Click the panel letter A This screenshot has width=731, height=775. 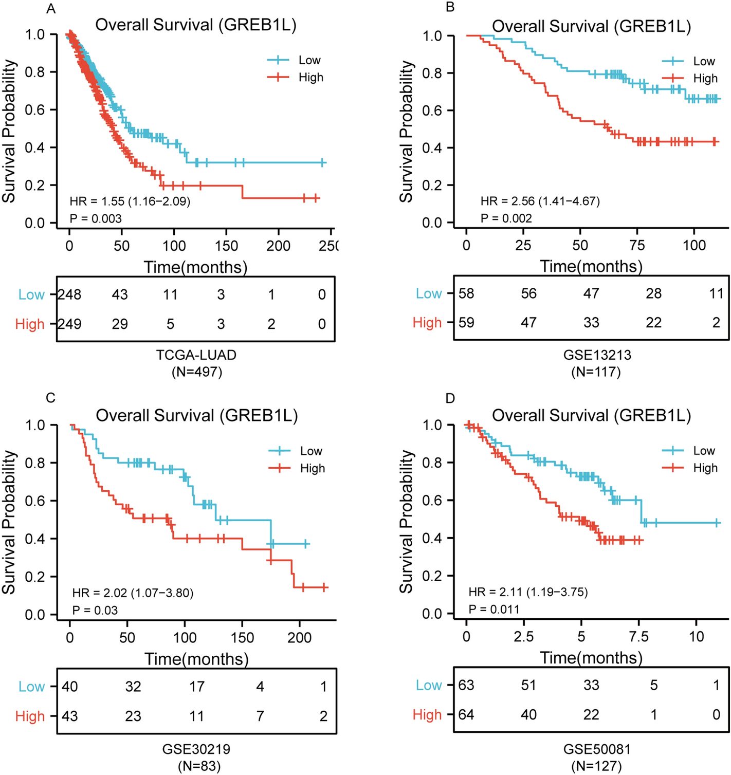point(50,9)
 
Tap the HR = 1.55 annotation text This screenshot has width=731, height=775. point(130,201)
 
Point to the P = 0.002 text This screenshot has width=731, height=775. point(506,218)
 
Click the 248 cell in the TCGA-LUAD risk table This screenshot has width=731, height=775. point(69,294)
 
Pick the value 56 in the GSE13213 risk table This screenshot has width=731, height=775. point(528,293)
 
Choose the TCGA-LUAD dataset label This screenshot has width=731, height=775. point(196,355)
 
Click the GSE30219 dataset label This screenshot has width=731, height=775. point(196,749)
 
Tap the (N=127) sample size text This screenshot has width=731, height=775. point(596,766)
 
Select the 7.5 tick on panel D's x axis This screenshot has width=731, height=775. point(638,636)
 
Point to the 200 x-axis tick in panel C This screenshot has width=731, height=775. point(299,637)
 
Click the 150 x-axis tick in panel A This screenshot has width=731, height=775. point(226,246)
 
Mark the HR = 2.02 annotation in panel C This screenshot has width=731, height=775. point(133,593)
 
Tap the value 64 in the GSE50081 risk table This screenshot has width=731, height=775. point(466,714)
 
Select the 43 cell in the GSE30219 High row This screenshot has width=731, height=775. point(70,716)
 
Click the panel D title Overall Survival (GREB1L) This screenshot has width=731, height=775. point(592,415)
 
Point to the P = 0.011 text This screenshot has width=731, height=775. point(494,610)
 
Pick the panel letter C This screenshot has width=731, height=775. point(50,398)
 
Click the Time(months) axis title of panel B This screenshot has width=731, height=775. point(591,266)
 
